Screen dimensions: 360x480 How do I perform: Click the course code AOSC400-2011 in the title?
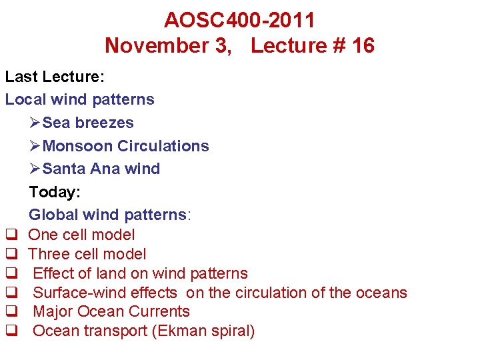[239, 20]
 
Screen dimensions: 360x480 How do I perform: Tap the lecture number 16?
[361, 45]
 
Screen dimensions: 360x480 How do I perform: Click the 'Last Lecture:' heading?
[55, 77]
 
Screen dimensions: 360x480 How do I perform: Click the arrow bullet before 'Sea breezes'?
[35, 123]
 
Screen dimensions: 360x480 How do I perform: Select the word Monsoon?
[77, 146]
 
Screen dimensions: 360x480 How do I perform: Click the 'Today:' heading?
[55, 192]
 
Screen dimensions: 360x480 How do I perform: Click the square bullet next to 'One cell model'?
[11, 235]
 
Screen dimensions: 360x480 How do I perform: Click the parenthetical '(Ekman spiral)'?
[203, 331]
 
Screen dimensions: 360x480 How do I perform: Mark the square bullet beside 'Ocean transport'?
[11, 331]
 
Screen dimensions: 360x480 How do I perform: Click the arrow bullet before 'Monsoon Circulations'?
[35, 146]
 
